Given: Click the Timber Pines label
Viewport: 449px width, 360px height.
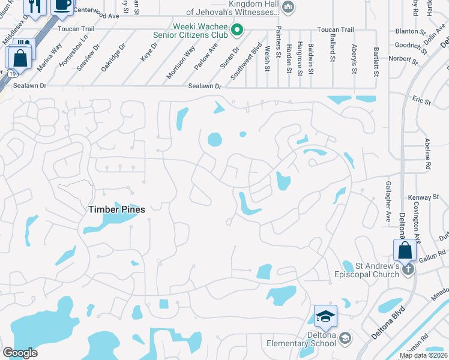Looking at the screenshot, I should pos(116,209).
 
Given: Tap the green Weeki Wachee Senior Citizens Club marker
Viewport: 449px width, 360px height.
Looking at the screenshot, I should pos(237,29).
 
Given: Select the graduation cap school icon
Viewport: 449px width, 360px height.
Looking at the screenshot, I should pos(325,316).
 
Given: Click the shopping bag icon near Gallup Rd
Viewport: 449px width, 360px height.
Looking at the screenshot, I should pos(405,250).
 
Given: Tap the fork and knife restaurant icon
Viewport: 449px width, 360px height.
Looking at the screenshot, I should pos(35,6).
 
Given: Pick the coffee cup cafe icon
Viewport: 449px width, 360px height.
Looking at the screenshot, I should pos(62,5).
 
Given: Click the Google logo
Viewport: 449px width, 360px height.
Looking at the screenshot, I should pos(20,352).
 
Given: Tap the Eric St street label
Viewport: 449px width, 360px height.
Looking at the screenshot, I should pos(421,100).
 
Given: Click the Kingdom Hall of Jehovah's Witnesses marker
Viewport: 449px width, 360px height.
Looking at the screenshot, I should pos(288,7).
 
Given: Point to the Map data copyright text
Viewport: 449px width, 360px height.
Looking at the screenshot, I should pos(424,355).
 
